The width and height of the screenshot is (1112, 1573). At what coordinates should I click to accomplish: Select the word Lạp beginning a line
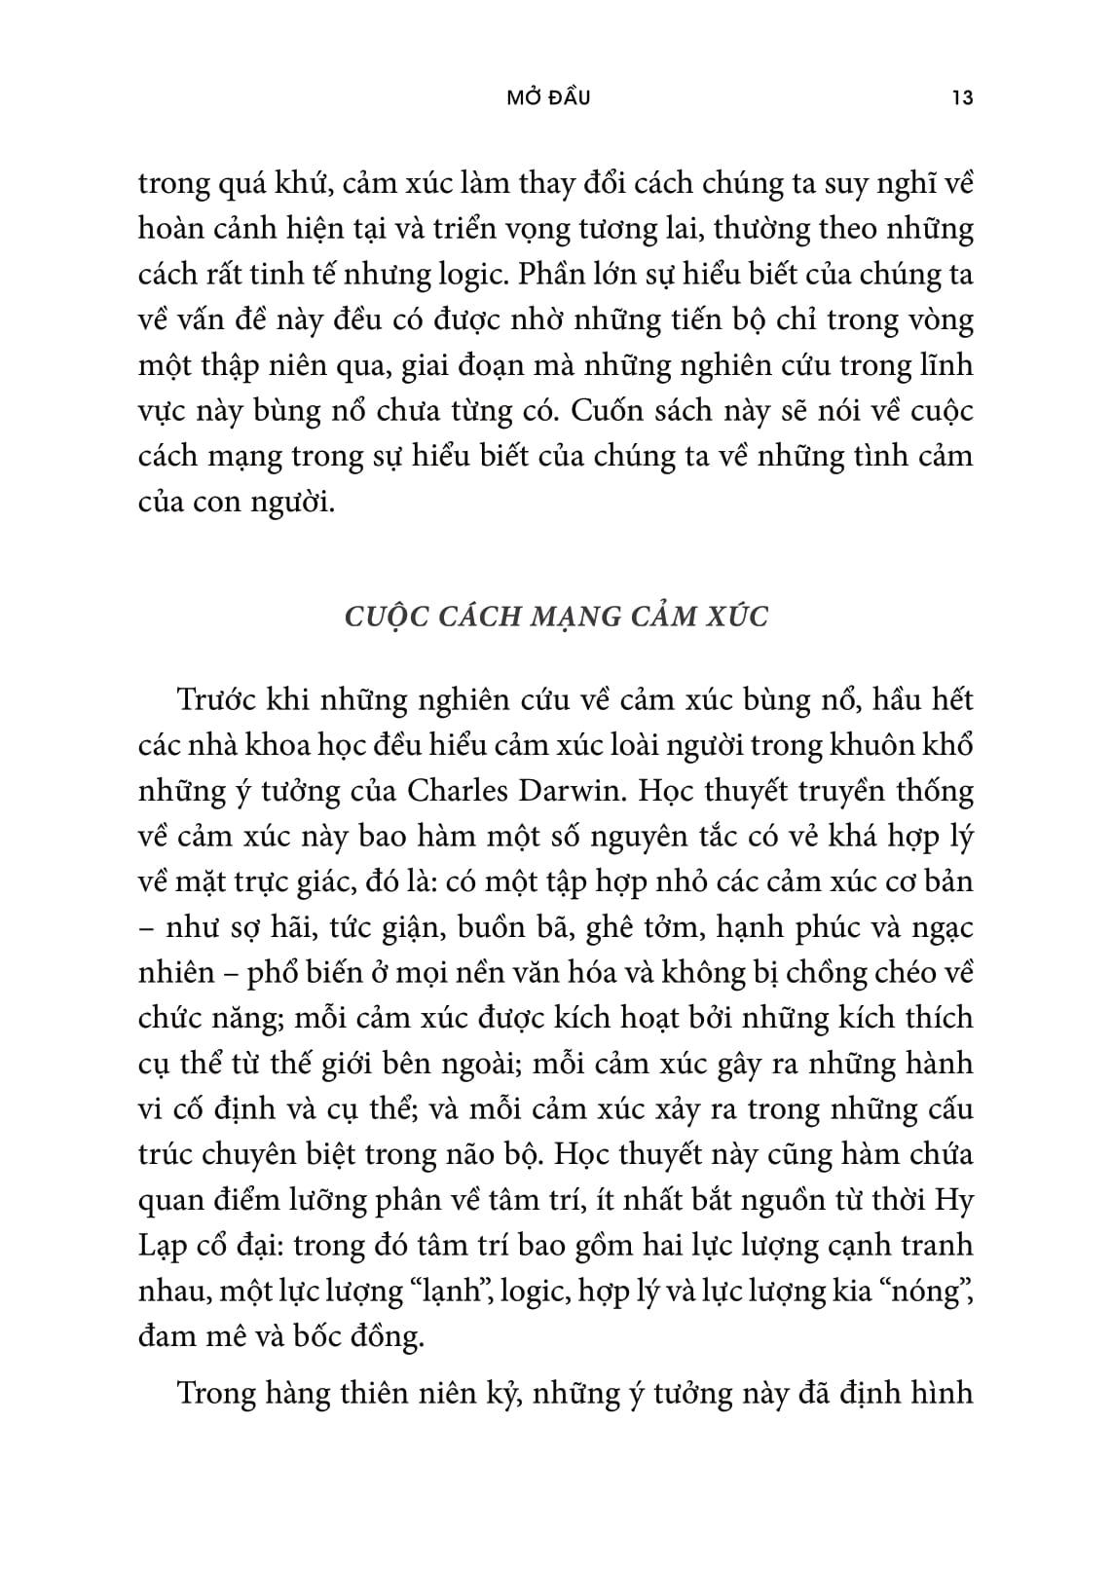162,1248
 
